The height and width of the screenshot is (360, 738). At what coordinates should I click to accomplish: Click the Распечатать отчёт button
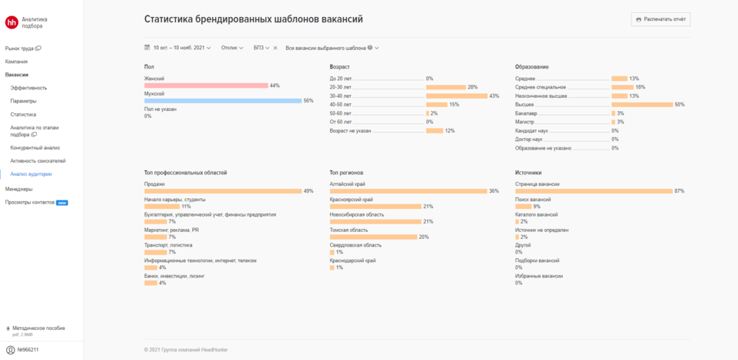click(660, 19)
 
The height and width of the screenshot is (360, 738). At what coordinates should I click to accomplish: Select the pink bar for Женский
click(205, 86)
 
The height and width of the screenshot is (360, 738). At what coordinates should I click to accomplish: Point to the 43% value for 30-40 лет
click(494, 96)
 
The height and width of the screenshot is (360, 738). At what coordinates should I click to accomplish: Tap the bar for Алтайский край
click(408, 191)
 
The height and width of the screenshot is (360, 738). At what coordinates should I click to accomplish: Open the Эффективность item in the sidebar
click(29, 88)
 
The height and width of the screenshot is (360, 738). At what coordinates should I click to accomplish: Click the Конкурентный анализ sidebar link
click(35, 147)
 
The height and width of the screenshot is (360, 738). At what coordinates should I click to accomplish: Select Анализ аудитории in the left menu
click(32, 174)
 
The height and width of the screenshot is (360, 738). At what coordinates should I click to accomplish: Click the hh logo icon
click(12, 22)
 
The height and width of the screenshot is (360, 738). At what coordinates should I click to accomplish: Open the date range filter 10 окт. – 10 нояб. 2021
click(178, 48)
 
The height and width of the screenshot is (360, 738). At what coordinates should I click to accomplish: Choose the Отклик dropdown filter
click(232, 48)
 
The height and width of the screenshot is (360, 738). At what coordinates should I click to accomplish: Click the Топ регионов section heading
click(346, 173)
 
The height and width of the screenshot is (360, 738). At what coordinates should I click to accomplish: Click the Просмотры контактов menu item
click(30, 203)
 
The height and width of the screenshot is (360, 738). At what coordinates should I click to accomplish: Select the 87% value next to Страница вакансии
click(679, 191)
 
